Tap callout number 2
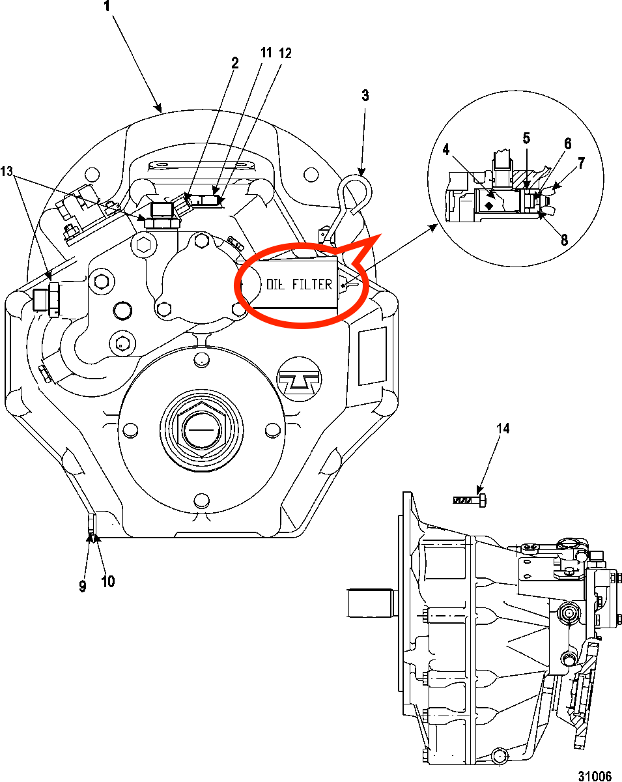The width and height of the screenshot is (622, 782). (x=234, y=63)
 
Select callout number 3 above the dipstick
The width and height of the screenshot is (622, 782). (x=365, y=96)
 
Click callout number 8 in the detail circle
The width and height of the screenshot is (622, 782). (x=564, y=240)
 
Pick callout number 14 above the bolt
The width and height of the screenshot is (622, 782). (x=503, y=429)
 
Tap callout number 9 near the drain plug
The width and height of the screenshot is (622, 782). (x=82, y=586)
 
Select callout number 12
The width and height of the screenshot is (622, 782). (x=285, y=53)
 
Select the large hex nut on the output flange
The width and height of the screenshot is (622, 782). (x=201, y=431)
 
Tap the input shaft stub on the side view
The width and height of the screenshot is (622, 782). (x=370, y=603)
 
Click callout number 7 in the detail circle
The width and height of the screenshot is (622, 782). (x=582, y=164)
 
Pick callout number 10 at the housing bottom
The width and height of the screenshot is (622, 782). (x=107, y=581)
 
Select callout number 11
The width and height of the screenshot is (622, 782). (x=266, y=53)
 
